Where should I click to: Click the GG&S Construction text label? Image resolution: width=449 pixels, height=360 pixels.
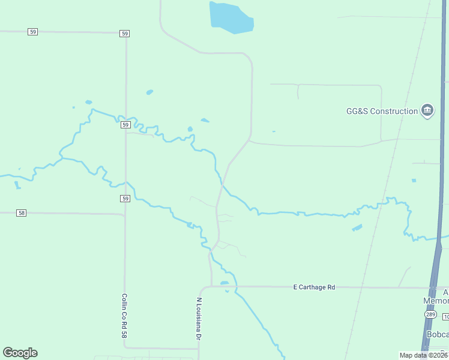point(382,111)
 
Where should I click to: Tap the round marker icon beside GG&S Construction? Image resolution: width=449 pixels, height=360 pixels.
point(427,110)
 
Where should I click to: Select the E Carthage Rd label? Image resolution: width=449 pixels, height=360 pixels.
point(314,287)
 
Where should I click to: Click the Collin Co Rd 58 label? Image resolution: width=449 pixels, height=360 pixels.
point(125,314)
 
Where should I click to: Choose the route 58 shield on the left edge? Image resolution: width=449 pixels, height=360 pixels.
point(22,212)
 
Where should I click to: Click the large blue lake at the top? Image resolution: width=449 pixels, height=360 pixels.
point(231,17)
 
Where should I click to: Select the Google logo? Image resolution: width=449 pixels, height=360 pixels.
point(20,352)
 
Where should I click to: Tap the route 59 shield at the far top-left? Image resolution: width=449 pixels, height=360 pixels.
point(32,31)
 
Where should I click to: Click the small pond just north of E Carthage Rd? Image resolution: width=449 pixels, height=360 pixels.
point(224,283)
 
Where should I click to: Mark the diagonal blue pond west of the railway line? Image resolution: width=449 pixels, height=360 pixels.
point(357,228)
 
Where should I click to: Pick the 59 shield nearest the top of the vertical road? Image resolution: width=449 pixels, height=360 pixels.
point(124,34)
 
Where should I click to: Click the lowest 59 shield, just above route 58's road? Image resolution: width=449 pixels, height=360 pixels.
point(125,198)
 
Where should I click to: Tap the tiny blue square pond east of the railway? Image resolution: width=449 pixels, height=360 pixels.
point(414,180)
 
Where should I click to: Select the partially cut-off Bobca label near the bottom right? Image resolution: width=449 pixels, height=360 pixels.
point(436,334)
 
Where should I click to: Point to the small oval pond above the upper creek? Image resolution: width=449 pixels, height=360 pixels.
point(149,92)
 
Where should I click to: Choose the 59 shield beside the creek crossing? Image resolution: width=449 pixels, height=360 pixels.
point(125,125)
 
